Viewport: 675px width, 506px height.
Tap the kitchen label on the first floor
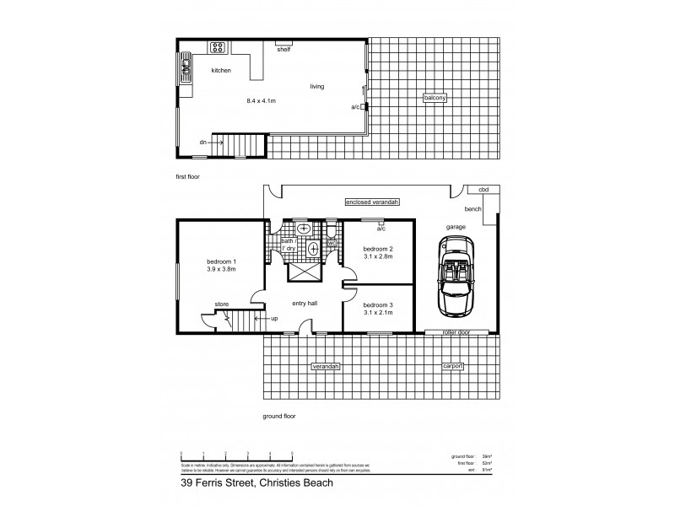click(221, 71)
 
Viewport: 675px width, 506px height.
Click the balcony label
click(435, 99)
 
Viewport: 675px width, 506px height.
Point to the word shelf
click(284, 50)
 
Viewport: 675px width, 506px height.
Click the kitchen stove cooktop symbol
click(218, 47)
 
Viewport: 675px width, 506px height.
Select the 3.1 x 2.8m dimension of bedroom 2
click(379, 259)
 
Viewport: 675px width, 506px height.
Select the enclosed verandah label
click(371, 202)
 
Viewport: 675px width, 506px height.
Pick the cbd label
click(484, 190)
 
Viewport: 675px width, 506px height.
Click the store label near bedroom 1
click(221, 304)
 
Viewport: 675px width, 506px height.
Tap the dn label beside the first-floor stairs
click(203, 143)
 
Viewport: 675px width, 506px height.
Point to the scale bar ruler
click(236, 455)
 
